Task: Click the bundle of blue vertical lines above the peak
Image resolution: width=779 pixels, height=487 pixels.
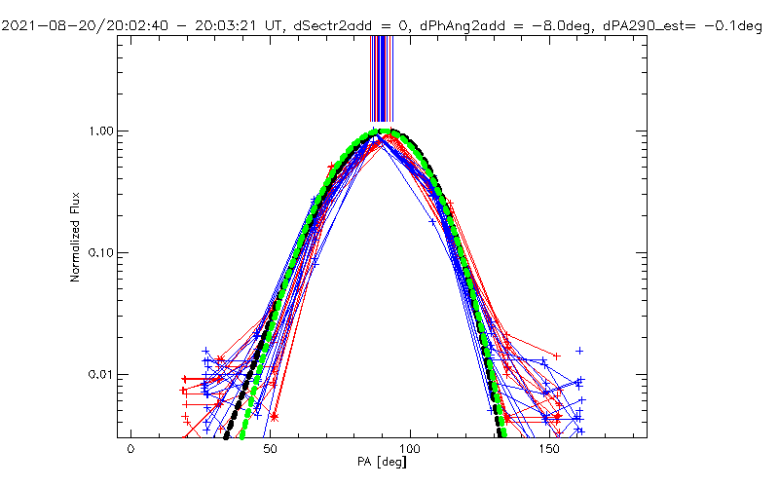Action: [x=381, y=78]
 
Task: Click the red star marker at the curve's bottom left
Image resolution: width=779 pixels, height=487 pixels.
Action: [x=275, y=417]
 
